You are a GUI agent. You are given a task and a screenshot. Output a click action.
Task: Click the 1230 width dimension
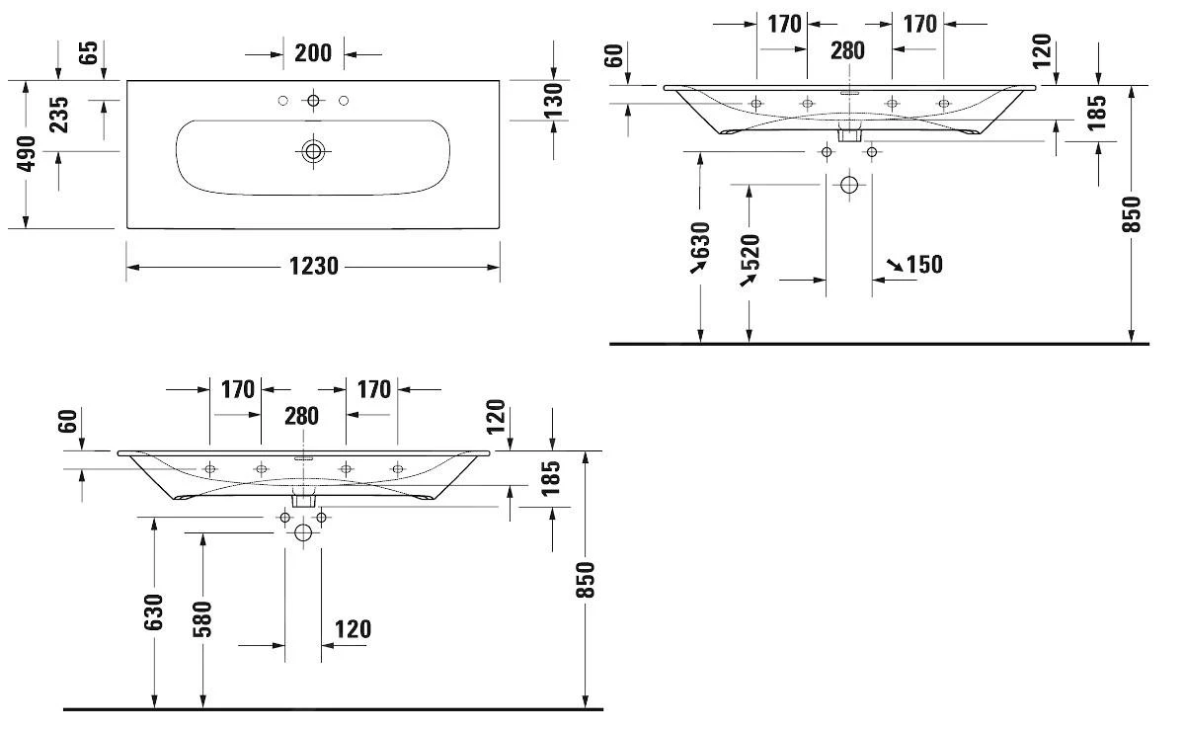(313, 266)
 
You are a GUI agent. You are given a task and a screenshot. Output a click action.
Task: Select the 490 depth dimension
(26, 154)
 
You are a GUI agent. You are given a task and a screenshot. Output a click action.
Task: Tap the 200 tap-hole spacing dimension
(313, 53)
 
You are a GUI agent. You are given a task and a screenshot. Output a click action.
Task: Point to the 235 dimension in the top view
(58, 115)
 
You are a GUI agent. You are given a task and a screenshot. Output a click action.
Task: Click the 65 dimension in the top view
(88, 52)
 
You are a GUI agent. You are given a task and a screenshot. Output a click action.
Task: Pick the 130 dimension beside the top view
(553, 101)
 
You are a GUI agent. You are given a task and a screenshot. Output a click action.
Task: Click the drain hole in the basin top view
(313, 151)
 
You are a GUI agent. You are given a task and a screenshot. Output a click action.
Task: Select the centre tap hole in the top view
(313, 100)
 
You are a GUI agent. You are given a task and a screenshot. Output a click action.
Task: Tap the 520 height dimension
(750, 253)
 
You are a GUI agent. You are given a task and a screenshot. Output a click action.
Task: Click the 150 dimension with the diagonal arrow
(924, 265)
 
